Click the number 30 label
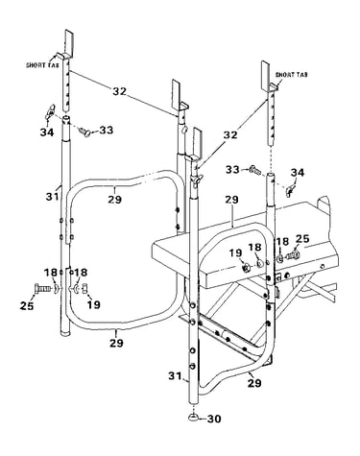(214, 419)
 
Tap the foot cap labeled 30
(194, 416)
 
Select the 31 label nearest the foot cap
(175, 375)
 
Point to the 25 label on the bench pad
(302, 239)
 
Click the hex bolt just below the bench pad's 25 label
(294, 255)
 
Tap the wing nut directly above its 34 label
(50, 113)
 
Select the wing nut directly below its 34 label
(291, 190)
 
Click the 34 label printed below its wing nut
(47, 132)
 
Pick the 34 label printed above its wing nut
(298, 173)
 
